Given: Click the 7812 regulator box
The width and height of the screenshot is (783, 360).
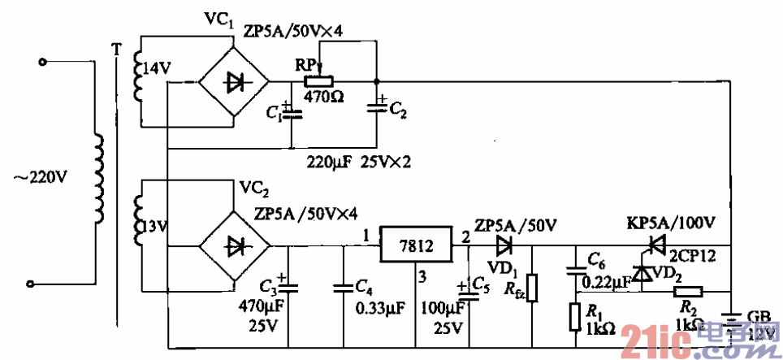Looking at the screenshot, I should (414, 245).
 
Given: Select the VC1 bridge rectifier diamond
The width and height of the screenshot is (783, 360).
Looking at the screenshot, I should (235, 82).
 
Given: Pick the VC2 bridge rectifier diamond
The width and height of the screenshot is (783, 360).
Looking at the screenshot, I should (235, 245).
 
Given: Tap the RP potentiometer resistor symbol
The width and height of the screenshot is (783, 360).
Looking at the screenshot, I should (317, 81).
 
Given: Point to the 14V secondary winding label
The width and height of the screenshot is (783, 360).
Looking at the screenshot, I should (156, 69).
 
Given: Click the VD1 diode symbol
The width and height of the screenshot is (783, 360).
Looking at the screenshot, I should (504, 244).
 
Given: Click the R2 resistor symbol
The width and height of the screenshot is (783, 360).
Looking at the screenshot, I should (689, 290).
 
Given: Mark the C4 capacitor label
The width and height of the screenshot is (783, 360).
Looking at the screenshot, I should (365, 286).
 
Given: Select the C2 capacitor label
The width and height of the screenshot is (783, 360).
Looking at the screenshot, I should (398, 111).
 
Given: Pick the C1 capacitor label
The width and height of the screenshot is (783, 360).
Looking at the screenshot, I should (273, 115).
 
